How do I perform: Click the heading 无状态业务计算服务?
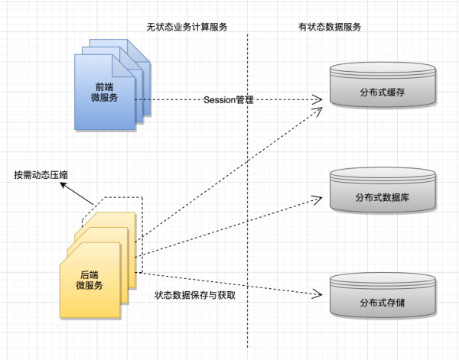187,27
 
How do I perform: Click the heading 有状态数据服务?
329,27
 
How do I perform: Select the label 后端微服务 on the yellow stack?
90,280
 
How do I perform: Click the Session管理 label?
228,100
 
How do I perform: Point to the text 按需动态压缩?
46,175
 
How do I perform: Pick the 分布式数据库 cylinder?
382,196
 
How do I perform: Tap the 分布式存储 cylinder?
382,300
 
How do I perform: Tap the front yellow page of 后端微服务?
88,283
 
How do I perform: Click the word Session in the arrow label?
219,100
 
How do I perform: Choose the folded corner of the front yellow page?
114,249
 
